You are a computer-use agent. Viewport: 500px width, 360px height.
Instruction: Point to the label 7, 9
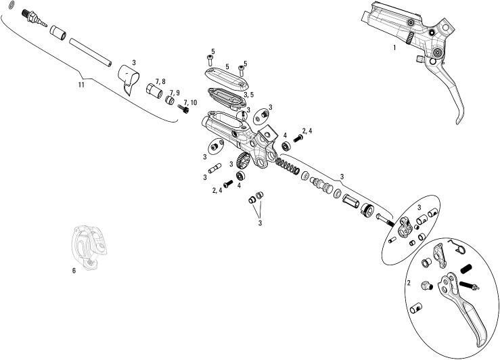tap(174, 92)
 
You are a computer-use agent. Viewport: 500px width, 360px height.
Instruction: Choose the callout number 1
tap(394, 47)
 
